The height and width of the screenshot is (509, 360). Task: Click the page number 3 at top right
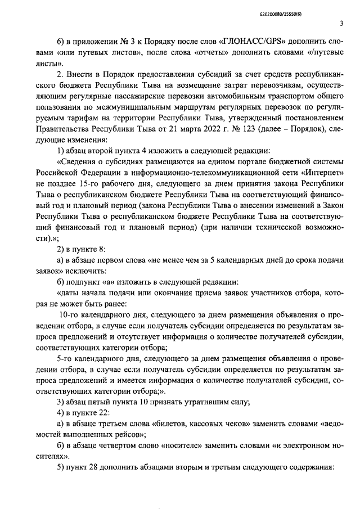[x=341, y=23]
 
